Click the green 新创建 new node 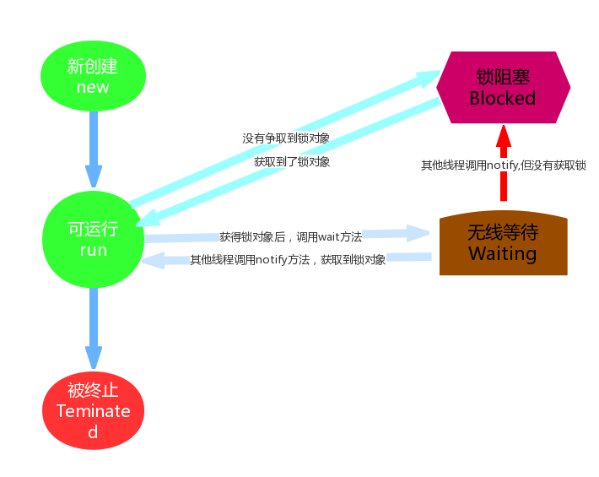click(x=93, y=75)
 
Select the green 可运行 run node click(x=93, y=239)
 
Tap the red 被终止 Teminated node click(x=93, y=411)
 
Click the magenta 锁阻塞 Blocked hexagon click(x=503, y=87)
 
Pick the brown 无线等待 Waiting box click(x=504, y=244)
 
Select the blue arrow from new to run click(x=93, y=148)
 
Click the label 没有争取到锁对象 click(x=286, y=137)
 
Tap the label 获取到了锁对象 click(x=292, y=160)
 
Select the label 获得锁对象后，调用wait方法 click(x=290, y=237)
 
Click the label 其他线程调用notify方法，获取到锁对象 click(x=288, y=260)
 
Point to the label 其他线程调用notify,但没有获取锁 click(x=504, y=165)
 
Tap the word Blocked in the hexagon click(x=503, y=98)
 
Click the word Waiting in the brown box click(x=503, y=253)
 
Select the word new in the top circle click(x=93, y=87)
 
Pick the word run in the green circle click(x=93, y=251)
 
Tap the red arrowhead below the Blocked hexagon click(x=503, y=135)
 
